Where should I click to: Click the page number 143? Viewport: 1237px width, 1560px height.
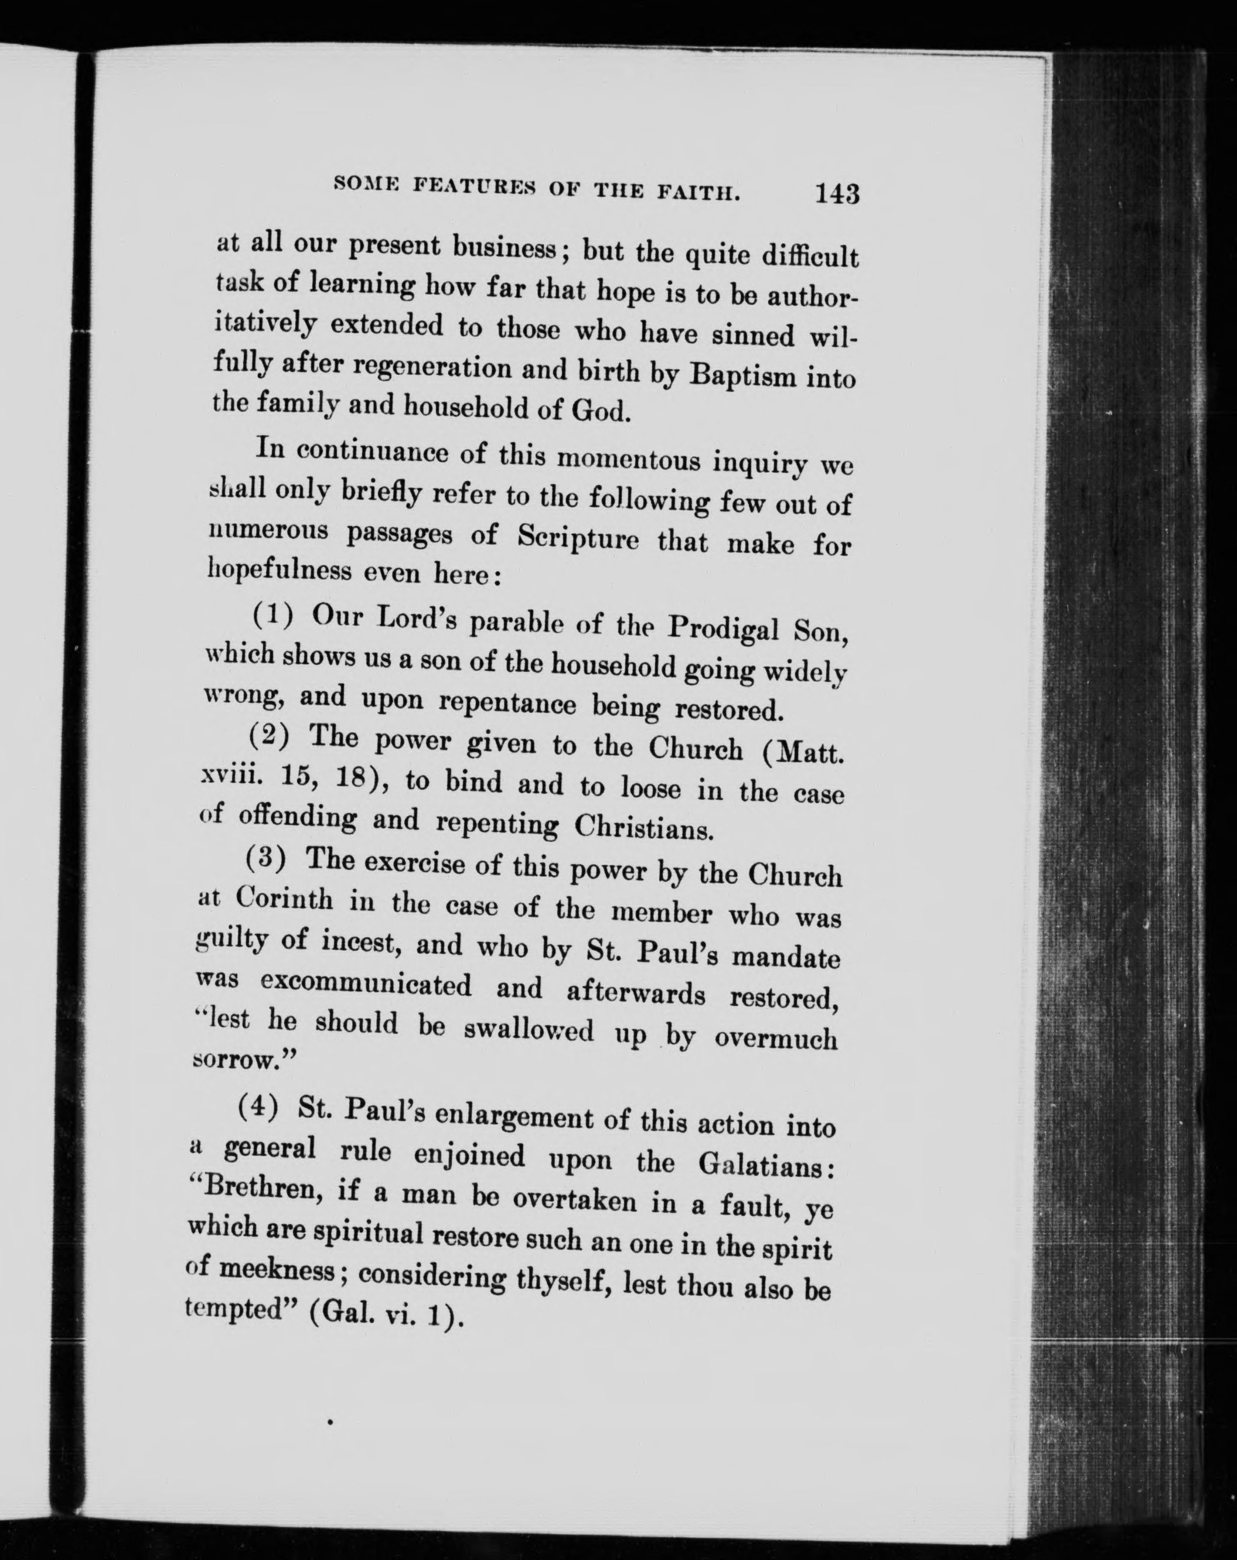point(837,193)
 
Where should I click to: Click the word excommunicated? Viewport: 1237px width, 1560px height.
point(366,984)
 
